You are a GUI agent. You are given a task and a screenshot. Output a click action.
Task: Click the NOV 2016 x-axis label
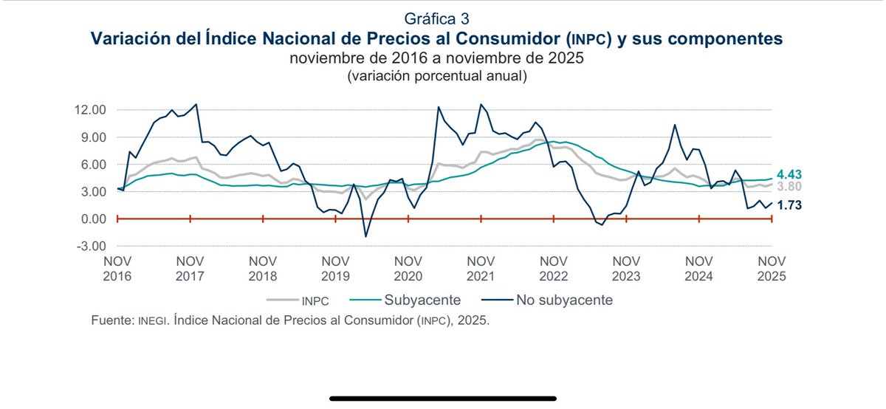[x=118, y=269]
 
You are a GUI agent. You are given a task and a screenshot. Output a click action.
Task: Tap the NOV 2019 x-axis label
[x=336, y=269]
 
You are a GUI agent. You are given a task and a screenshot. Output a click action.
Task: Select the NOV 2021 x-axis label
[x=481, y=269]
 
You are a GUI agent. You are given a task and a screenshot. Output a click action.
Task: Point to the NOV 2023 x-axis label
[x=626, y=269]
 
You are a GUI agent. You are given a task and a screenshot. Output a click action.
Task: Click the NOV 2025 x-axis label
[x=771, y=269]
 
